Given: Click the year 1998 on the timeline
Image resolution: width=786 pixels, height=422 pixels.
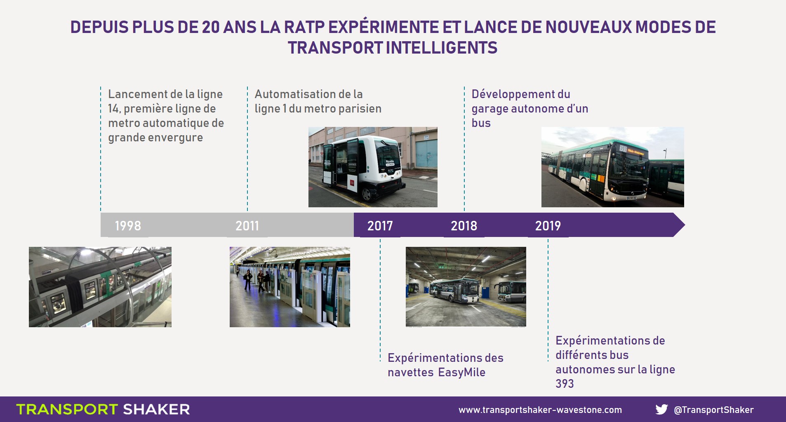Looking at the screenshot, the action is (x=128, y=226).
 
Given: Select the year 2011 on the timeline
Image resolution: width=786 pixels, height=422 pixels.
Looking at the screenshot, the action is (x=247, y=226).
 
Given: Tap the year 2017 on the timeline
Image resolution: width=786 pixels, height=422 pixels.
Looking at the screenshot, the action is (x=380, y=226).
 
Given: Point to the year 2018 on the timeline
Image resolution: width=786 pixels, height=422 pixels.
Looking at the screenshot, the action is (x=464, y=226).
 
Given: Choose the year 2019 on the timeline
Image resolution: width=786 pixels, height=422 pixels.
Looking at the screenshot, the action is (x=548, y=226).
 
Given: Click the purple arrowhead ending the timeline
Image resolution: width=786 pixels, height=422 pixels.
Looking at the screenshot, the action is (x=678, y=225).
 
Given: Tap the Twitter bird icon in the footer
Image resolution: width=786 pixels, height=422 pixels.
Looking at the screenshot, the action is (x=661, y=409).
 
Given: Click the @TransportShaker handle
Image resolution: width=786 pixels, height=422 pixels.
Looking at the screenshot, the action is (x=714, y=410).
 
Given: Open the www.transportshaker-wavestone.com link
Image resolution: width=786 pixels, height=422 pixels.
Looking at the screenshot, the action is (x=540, y=410).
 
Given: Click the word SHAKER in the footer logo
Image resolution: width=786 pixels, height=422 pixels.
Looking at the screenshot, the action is (x=156, y=409).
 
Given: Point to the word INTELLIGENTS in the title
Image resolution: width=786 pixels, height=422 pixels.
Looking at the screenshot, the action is (x=442, y=48).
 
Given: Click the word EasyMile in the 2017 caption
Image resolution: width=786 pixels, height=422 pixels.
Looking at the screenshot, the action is (x=461, y=373).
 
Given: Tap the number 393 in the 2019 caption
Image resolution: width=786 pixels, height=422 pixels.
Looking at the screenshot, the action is (x=565, y=384).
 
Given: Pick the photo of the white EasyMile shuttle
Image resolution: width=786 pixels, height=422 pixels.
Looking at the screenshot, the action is (x=373, y=167).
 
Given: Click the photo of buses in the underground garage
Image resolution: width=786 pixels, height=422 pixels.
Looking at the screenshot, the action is (x=466, y=287).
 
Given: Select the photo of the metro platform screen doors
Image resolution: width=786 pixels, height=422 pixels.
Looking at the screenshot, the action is (x=290, y=287).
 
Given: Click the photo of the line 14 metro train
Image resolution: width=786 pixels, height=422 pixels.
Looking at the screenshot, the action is (x=100, y=287).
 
